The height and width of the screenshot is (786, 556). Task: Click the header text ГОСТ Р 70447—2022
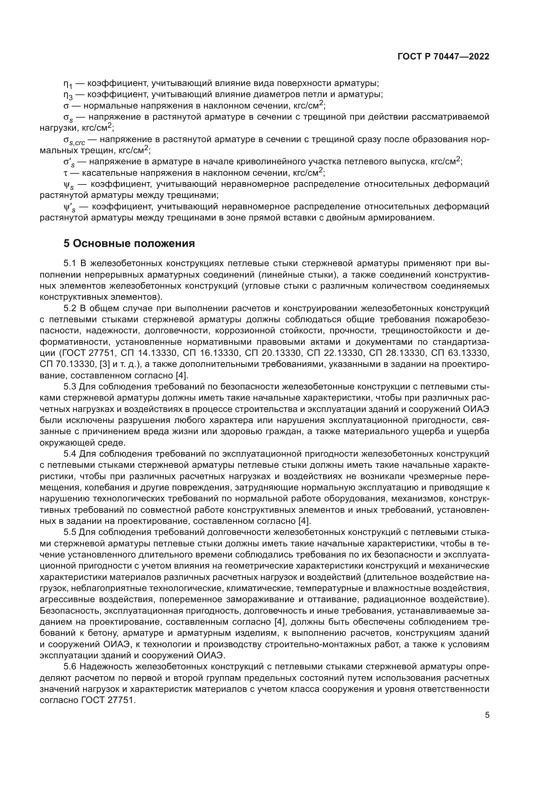coord(443,57)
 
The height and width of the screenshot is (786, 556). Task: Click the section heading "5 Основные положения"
coord(129,243)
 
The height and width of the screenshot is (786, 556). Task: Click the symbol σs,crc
coord(74,140)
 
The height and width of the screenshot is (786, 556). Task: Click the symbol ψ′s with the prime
coord(69,207)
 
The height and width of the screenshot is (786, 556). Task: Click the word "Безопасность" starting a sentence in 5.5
coord(70,611)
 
